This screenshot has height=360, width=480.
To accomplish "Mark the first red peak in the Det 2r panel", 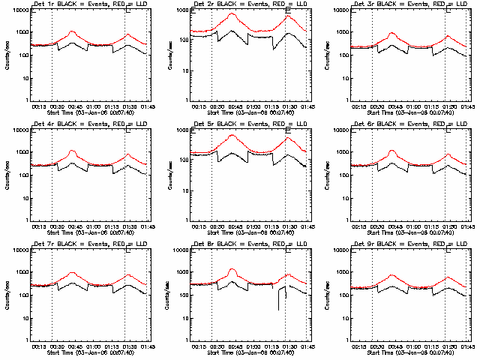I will (x=232, y=14).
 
